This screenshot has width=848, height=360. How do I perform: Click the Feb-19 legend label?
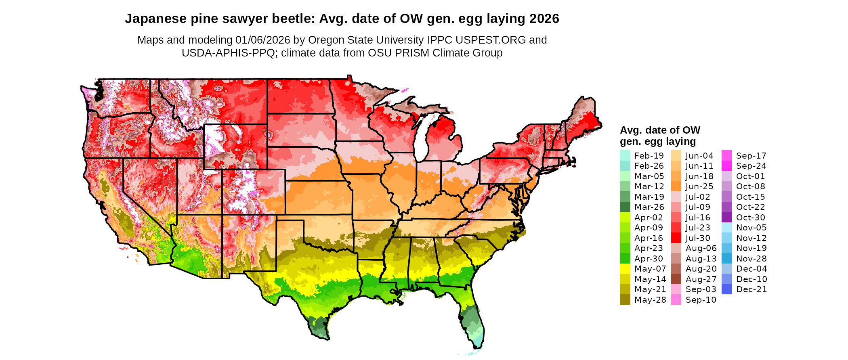click(649, 156)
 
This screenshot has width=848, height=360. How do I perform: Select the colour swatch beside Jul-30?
click(676, 238)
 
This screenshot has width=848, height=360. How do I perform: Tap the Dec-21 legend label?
click(751, 289)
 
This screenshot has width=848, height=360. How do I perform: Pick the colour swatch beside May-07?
click(625, 269)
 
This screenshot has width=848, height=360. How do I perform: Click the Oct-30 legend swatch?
click(726, 217)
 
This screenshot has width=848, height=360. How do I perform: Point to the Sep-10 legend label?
click(701, 300)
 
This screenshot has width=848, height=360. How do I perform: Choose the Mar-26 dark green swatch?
click(625, 207)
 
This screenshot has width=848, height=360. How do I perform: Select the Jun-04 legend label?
click(699, 156)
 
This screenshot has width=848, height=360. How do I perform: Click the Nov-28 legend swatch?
click(726, 258)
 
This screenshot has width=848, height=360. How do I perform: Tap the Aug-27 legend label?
click(701, 279)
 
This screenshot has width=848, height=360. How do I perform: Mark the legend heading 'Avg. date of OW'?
click(660, 130)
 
